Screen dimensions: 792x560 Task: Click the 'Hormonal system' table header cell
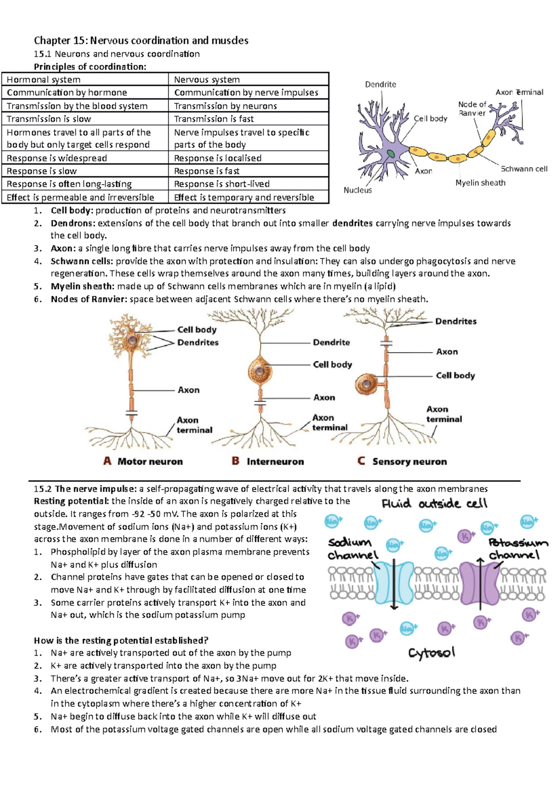tap(44, 80)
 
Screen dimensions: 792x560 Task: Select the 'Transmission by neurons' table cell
tap(225, 106)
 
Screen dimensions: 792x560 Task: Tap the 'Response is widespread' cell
tap(56, 158)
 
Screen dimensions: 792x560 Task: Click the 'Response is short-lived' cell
tap(222, 184)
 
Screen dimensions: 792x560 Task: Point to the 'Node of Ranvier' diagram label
tap(472, 109)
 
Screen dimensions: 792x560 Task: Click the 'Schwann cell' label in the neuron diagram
tap(524, 169)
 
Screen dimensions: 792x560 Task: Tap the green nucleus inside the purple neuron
tap(390, 153)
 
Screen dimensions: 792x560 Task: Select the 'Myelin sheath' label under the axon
tap(480, 183)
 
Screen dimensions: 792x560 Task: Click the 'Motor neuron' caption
tap(150, 461)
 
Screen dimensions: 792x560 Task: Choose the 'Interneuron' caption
tap(275, 461)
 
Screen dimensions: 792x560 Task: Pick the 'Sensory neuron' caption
tap(409, 461)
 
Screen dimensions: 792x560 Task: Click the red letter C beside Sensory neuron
tap(361, 461)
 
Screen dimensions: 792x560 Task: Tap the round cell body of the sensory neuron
tap(367, 384)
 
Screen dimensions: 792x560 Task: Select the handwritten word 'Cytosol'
tap(431, 653)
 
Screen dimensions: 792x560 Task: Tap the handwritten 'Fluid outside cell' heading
tap(434, 504)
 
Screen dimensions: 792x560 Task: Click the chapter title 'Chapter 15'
tap(141, 41)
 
